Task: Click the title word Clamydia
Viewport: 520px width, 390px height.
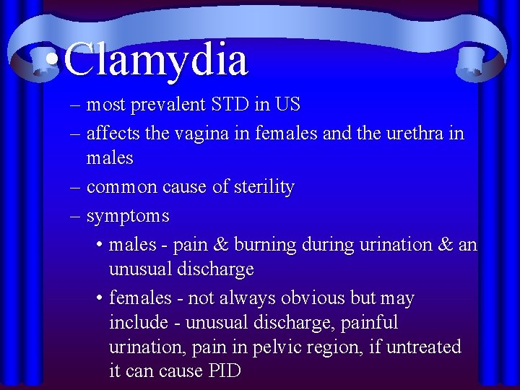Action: tap(156, 58)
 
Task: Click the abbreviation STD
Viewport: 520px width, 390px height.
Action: tap(230, 105)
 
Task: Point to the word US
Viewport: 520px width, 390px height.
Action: tap(287, 105)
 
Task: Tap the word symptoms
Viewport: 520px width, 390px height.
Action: tap(128, 216)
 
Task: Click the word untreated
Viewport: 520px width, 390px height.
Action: tap(424, 347)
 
